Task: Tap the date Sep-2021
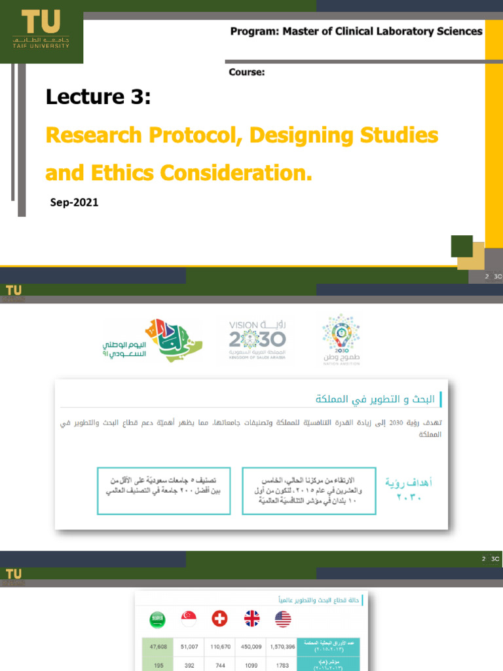click(x=74, y=202)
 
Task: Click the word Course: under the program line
click(x=246, y=73)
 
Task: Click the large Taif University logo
click(x=41, y=29)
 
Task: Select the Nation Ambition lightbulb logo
click(x=341, y=339)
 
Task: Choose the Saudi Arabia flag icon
click(x=157, y=619)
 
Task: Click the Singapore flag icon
click(x=189, y=619)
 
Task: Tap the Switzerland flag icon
click(x=220, y=619)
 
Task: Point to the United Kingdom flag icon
click(x=251, y=619)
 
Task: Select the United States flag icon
click(x=283, y=619)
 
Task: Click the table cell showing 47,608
click(x=157, y=646)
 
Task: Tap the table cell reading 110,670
click(x=219, y=646)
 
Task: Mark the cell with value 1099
click(x=251, y=665)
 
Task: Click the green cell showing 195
click(x=157, y=665)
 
